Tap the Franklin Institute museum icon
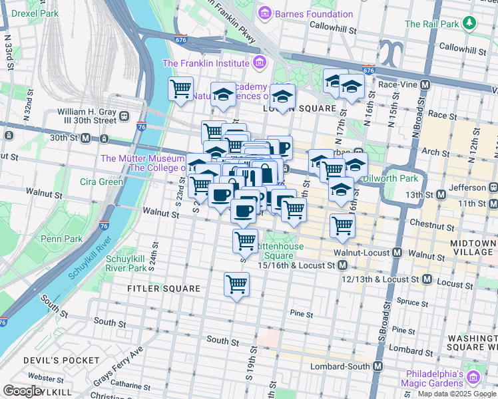click(260, 64)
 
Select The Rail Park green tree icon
click(470, 23)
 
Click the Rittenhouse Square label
click(284, 251)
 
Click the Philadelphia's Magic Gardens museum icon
click(474, 378)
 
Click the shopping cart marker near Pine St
click(237, 285)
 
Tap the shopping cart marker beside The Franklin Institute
click(181, 88)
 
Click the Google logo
click(23, 391)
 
